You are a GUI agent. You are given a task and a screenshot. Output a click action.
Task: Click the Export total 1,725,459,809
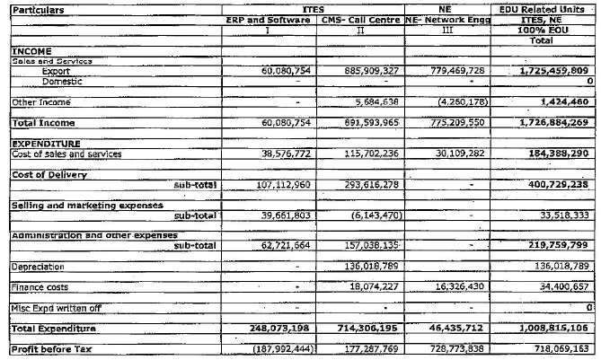[x=553, y=70]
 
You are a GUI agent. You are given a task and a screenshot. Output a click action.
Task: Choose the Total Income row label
[x=43, y=122]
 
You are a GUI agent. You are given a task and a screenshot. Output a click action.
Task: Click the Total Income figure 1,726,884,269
[x=553, y=122]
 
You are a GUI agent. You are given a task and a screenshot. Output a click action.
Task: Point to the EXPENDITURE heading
[x=46, y=144]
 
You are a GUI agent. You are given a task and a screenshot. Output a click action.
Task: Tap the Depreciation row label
[x=38, y=267]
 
